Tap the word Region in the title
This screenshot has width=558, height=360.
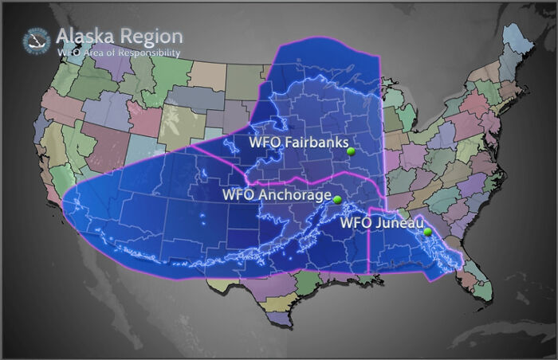[x=151, y=37]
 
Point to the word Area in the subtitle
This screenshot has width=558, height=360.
[x=94, y=53]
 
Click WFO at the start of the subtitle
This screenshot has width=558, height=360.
[x=67, y=53]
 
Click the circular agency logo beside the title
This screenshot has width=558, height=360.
[x=37, y=40]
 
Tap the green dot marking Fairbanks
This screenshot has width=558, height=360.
[x=351, y=150]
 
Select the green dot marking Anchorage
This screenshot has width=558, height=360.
[x=336, y=199]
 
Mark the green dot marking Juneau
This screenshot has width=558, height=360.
[x=428, y=232]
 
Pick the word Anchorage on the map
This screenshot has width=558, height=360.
[x=295, y=194]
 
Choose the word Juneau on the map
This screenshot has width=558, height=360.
[x=396, y=222]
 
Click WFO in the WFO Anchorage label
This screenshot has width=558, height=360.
[x=238, y=194]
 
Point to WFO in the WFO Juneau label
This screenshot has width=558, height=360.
[x=356, y=222]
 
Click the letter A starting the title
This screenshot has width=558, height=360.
[x=63, y=37]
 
